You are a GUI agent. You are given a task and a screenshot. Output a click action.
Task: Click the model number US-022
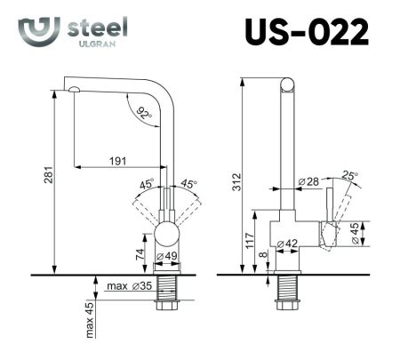306,32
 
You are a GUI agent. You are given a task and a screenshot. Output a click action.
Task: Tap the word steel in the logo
97,28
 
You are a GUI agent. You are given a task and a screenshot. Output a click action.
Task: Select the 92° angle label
144,113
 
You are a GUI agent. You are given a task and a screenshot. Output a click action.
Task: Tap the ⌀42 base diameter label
287,244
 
